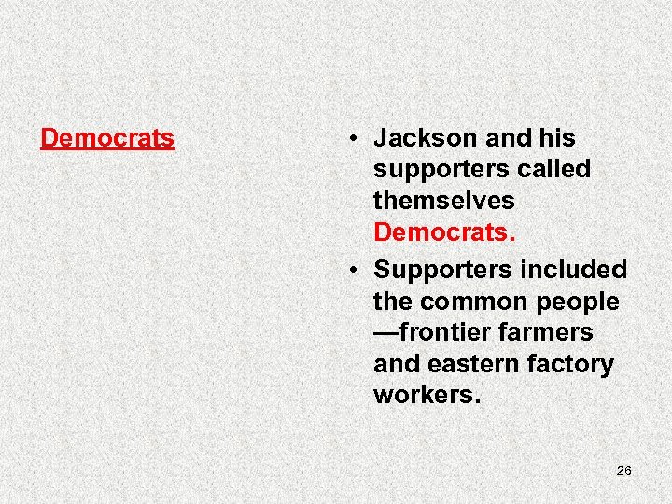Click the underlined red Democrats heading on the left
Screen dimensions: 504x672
107,138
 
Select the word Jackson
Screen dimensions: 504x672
426,138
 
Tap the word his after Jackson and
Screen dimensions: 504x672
557,138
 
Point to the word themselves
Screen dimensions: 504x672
443,201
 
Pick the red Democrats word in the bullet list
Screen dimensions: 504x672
444,231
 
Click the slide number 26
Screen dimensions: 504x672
624,470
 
